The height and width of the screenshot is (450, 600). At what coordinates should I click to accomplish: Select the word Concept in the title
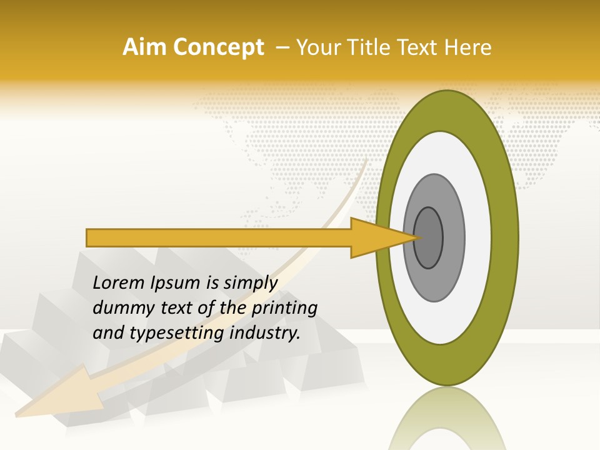coord(217,48)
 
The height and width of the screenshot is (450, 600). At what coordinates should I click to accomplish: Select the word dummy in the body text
coord(119,308)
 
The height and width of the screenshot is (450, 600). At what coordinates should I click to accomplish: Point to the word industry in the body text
coord(265,332)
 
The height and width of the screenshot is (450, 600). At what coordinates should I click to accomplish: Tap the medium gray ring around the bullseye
coord(453,237)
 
